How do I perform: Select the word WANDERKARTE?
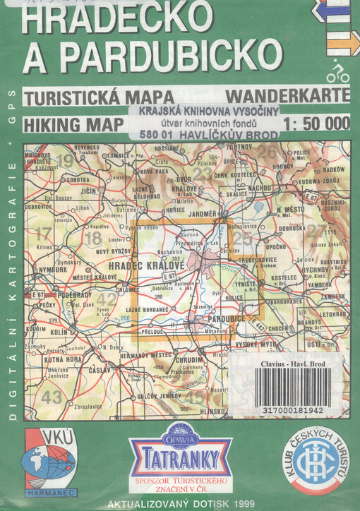coord(287,95)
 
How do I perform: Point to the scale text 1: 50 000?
coord(315,124)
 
